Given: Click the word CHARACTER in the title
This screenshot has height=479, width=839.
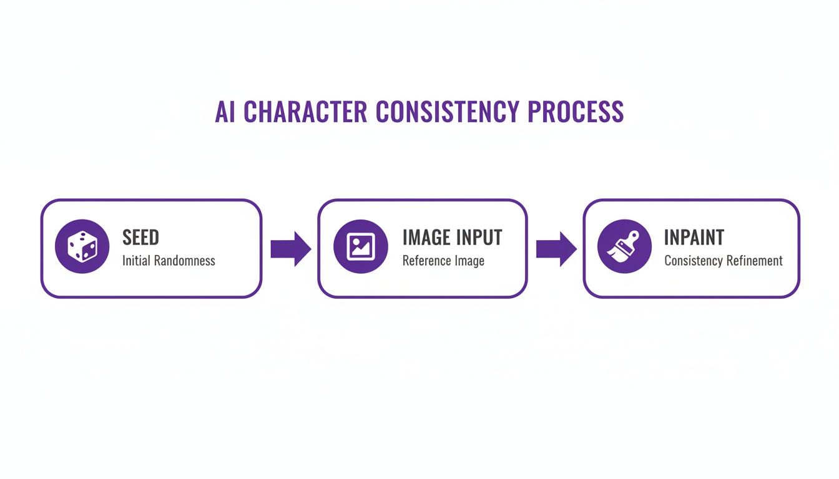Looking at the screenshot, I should (x=305, y=112).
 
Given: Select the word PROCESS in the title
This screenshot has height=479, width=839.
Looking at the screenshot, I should (x=575, y=112).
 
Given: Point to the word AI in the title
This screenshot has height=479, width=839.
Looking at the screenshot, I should (x=225, y=112).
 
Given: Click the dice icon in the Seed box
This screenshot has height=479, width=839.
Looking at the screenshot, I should (x=82, y=246).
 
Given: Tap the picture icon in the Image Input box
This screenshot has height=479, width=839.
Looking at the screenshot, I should (x=361, y=246).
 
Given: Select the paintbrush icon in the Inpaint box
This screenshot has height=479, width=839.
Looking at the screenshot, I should (x=624, y=246).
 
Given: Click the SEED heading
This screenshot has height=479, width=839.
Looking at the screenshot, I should (x=140, y=238).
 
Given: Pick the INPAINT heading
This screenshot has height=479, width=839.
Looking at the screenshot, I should (x=694, y=238).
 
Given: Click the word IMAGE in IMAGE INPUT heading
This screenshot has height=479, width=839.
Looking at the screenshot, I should (x=426, y=238).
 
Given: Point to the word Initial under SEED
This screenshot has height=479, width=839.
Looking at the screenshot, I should (x=136, y=261).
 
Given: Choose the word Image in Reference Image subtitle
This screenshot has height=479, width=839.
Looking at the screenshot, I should (x=470, y=261).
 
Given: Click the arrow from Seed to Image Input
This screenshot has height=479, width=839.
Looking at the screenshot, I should (x=290, y=249).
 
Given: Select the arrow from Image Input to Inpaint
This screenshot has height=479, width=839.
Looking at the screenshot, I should (x=556, y=249).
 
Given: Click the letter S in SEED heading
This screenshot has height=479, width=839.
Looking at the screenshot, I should (x=127, y=238).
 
